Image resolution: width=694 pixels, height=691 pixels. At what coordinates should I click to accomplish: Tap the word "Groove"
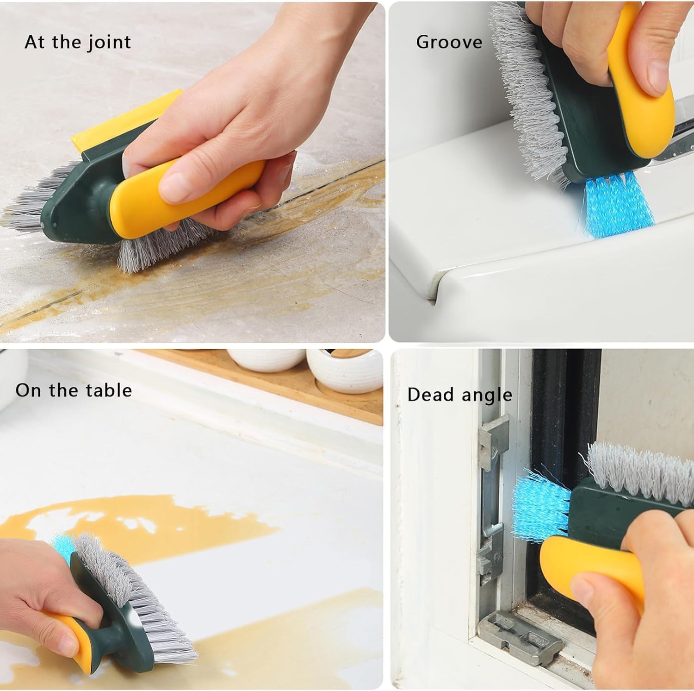(x=449, y=42)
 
